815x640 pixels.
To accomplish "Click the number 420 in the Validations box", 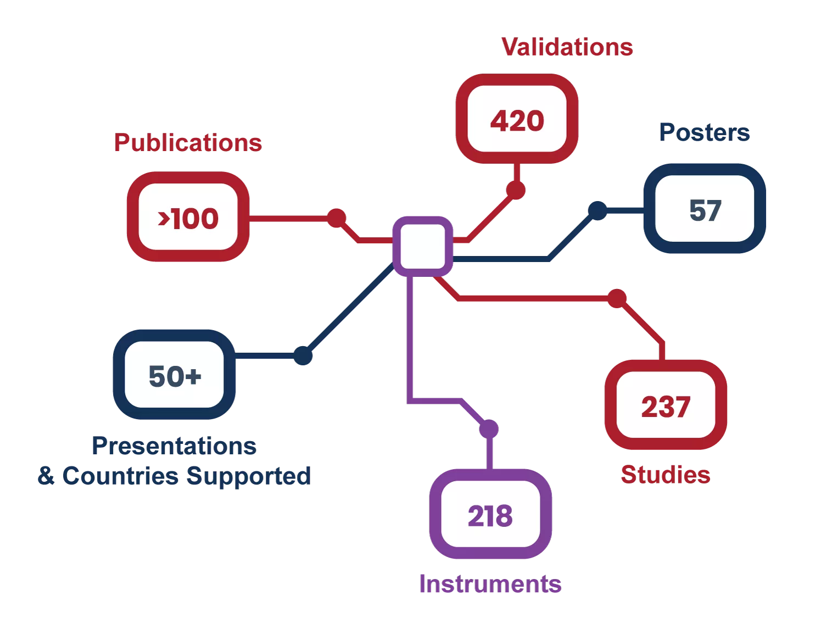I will (517, 120).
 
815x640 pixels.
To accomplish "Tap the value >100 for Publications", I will (188, 219).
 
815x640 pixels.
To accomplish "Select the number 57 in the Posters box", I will (705, 210).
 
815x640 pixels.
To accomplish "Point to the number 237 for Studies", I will (666, 407).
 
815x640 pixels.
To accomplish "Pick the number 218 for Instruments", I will (490, 516).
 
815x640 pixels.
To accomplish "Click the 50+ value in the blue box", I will (175, 376).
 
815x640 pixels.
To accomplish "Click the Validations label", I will (567, 47).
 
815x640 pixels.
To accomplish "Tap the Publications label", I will (188, 143).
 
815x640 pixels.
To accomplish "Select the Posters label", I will (705, 132).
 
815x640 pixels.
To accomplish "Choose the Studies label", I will (665, 475).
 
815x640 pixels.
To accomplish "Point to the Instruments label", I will (490, 584).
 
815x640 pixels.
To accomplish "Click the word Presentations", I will (174, 446).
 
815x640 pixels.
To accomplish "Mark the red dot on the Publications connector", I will (336, 218).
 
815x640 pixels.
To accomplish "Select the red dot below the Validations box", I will (516, 190).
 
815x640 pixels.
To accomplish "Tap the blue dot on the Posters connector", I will (598, 210).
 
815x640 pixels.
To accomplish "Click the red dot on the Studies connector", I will (617, 298).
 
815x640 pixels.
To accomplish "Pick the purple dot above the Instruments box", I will (489, 429).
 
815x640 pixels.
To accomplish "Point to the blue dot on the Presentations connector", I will (303, 355).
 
